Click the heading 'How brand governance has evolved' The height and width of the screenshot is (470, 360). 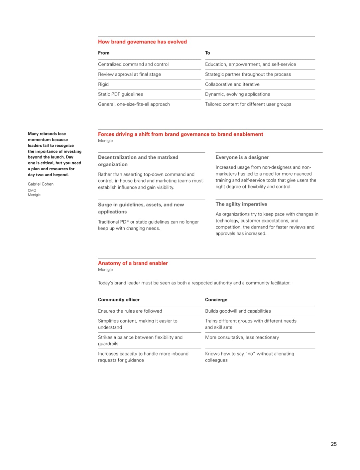(x=142, y=42)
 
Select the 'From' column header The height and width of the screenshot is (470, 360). (x=104, y=53)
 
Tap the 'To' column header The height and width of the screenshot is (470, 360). (x=207, y=53)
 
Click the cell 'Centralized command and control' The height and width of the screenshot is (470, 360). (x=133, y=65)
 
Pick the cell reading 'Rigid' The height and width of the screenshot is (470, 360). (x=103, y=84)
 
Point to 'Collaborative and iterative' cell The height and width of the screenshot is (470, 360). (x=232, y=84)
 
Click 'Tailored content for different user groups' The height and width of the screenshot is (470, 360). (x=248, y=104)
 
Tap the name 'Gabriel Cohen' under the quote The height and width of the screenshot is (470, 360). (x=41, y=184)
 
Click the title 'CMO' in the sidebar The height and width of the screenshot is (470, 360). (x=32, y=191)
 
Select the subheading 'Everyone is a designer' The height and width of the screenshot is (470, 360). (x=242, y=157)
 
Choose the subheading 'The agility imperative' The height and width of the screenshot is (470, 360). (x=241, y=204)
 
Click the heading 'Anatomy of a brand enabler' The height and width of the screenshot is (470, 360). (x=133, y=263)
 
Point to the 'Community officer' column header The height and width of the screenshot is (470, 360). (x=119, y=300)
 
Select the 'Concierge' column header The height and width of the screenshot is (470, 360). (x=216, y=300)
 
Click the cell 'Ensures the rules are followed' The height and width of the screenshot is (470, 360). (x=130, y=311)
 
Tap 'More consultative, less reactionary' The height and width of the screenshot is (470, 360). (x=242, y=338)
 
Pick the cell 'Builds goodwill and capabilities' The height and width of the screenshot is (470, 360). (x=238, y=311)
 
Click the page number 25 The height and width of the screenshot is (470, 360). (x=334, y=444)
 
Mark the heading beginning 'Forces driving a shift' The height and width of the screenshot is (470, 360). (x=180, y=134)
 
